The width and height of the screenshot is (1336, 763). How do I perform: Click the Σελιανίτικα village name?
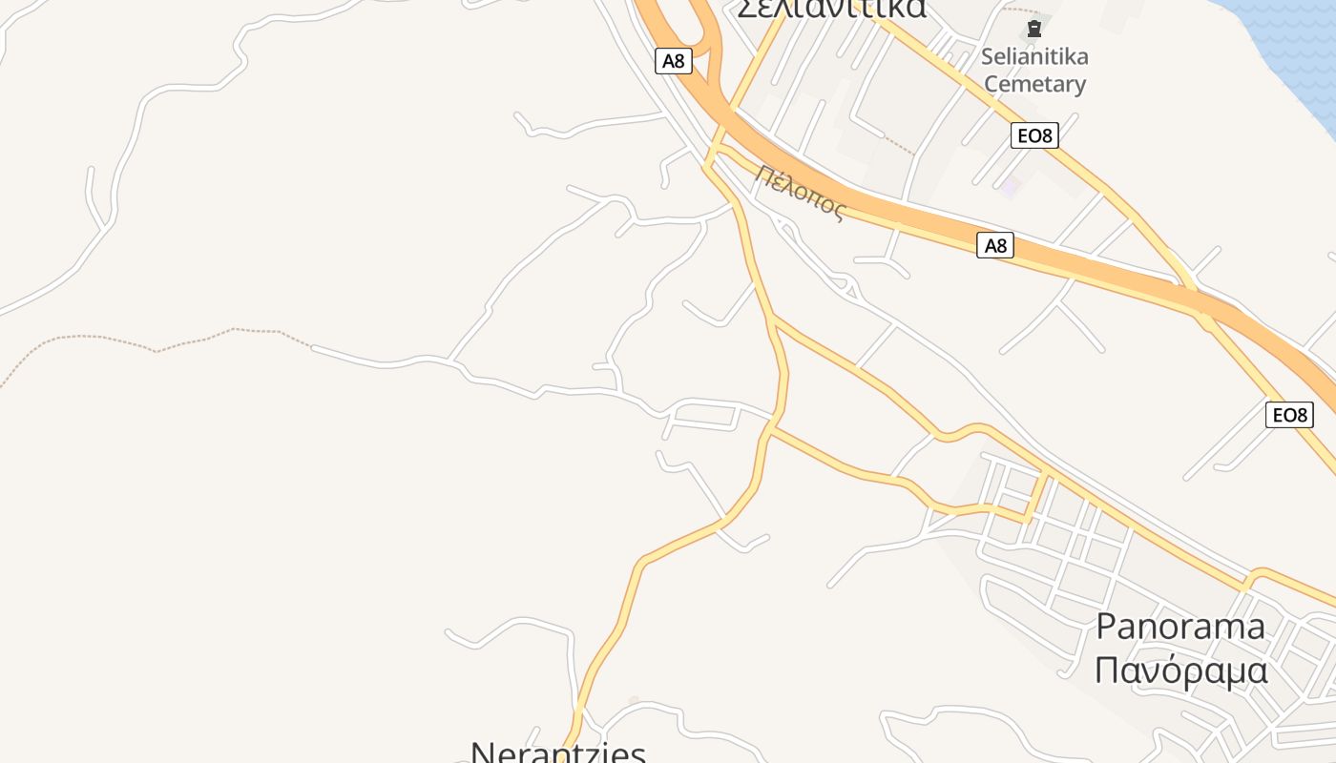(831, 8)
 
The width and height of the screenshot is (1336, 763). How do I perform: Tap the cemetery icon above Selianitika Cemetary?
(1033, 30)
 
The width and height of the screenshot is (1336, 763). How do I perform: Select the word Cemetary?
(1034, 84)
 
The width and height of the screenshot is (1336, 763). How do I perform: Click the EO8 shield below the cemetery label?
(1033, 135)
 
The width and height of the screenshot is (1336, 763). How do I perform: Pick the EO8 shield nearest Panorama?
(1288, 415)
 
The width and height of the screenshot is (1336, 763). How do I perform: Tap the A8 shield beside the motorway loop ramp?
(673, 61)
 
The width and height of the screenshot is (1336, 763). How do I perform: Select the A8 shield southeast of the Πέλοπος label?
(994, 246)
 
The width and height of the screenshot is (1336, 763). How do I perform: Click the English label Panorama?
(1180, 627)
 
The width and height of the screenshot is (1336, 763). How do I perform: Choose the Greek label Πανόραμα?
(1180, 670)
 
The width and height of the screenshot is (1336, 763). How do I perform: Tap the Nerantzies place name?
(558, 752)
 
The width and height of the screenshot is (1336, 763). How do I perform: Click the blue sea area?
(1298, 38)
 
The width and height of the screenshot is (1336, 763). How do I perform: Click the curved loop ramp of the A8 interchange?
(707, 38)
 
